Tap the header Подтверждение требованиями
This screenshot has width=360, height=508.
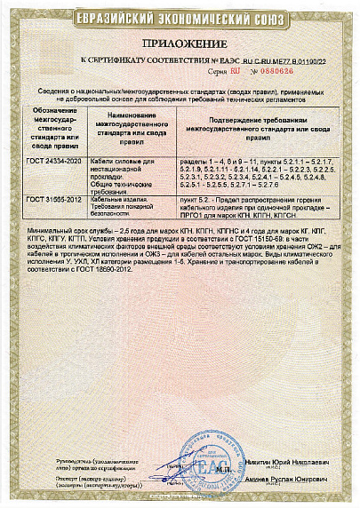(x=258, y=128)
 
